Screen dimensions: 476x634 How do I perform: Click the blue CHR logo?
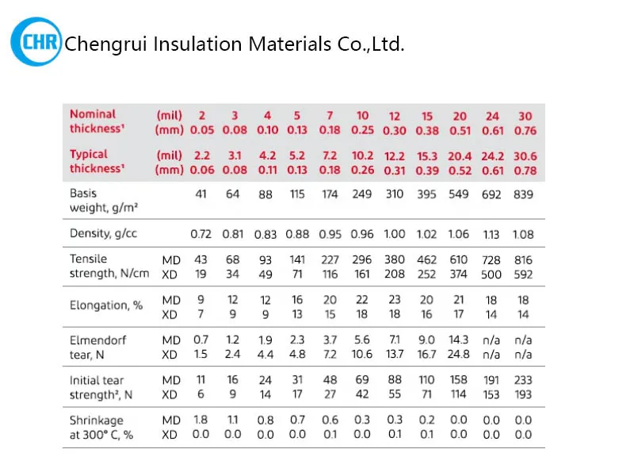36,42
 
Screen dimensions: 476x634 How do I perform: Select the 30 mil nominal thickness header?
525,115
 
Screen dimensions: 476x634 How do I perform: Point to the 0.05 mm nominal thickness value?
201,130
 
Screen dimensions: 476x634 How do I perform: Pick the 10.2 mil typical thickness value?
362,156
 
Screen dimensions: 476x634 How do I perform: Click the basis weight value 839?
525,194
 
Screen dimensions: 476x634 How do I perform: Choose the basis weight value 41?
201,194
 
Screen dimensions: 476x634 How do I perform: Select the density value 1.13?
492,235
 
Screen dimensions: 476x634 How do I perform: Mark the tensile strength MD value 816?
524,260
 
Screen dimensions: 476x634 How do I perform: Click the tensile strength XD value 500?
492,274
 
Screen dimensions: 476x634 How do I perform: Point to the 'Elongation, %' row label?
106,305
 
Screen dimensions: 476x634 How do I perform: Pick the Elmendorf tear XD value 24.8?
459,354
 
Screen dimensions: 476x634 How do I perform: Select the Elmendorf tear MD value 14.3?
459,340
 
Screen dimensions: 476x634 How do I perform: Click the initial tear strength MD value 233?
524,380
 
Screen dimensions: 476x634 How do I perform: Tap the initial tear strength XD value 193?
524,394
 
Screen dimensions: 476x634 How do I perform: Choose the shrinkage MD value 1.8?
201,420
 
